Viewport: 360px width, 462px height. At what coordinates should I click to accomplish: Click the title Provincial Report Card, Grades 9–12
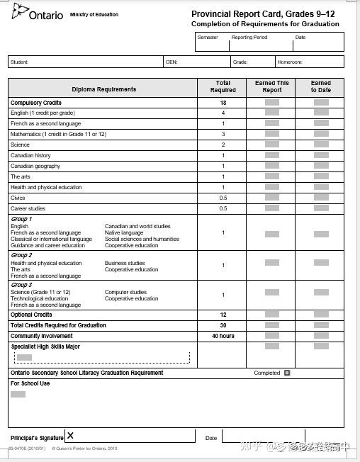tap(263, 14)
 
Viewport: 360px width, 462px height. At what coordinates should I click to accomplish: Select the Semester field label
tap(208, 38)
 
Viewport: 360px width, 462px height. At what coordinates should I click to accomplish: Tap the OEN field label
tap(171, 62)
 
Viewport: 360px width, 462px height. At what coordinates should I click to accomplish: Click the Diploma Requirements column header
tap(103, 89)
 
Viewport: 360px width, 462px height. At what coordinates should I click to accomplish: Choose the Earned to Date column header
tap(320, 86)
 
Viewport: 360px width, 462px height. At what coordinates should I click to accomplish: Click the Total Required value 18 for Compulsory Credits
tap(223, 103)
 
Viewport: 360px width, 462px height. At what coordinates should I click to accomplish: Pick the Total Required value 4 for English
tap(223, 113)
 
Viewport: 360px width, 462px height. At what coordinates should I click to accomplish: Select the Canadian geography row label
tap(35, 167)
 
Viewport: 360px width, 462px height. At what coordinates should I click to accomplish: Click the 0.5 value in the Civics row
tap(223, 198)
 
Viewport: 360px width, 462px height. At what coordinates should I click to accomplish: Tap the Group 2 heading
tap(21, 255)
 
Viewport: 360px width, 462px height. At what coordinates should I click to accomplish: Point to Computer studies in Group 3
tap(126, 292)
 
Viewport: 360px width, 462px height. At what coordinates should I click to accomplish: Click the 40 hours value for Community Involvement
tap(223, 336)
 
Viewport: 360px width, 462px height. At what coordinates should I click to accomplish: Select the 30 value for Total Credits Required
tap(223, 325)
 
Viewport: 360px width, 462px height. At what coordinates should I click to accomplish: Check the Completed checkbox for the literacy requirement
tap(287, 373)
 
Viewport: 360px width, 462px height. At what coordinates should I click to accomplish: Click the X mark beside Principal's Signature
tap(70, 436)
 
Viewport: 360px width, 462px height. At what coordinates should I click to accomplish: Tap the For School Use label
tap(30, 383)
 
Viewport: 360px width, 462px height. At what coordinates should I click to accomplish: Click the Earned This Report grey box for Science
tap(271, 145)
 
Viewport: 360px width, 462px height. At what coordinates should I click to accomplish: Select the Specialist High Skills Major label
tap(45, 347)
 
